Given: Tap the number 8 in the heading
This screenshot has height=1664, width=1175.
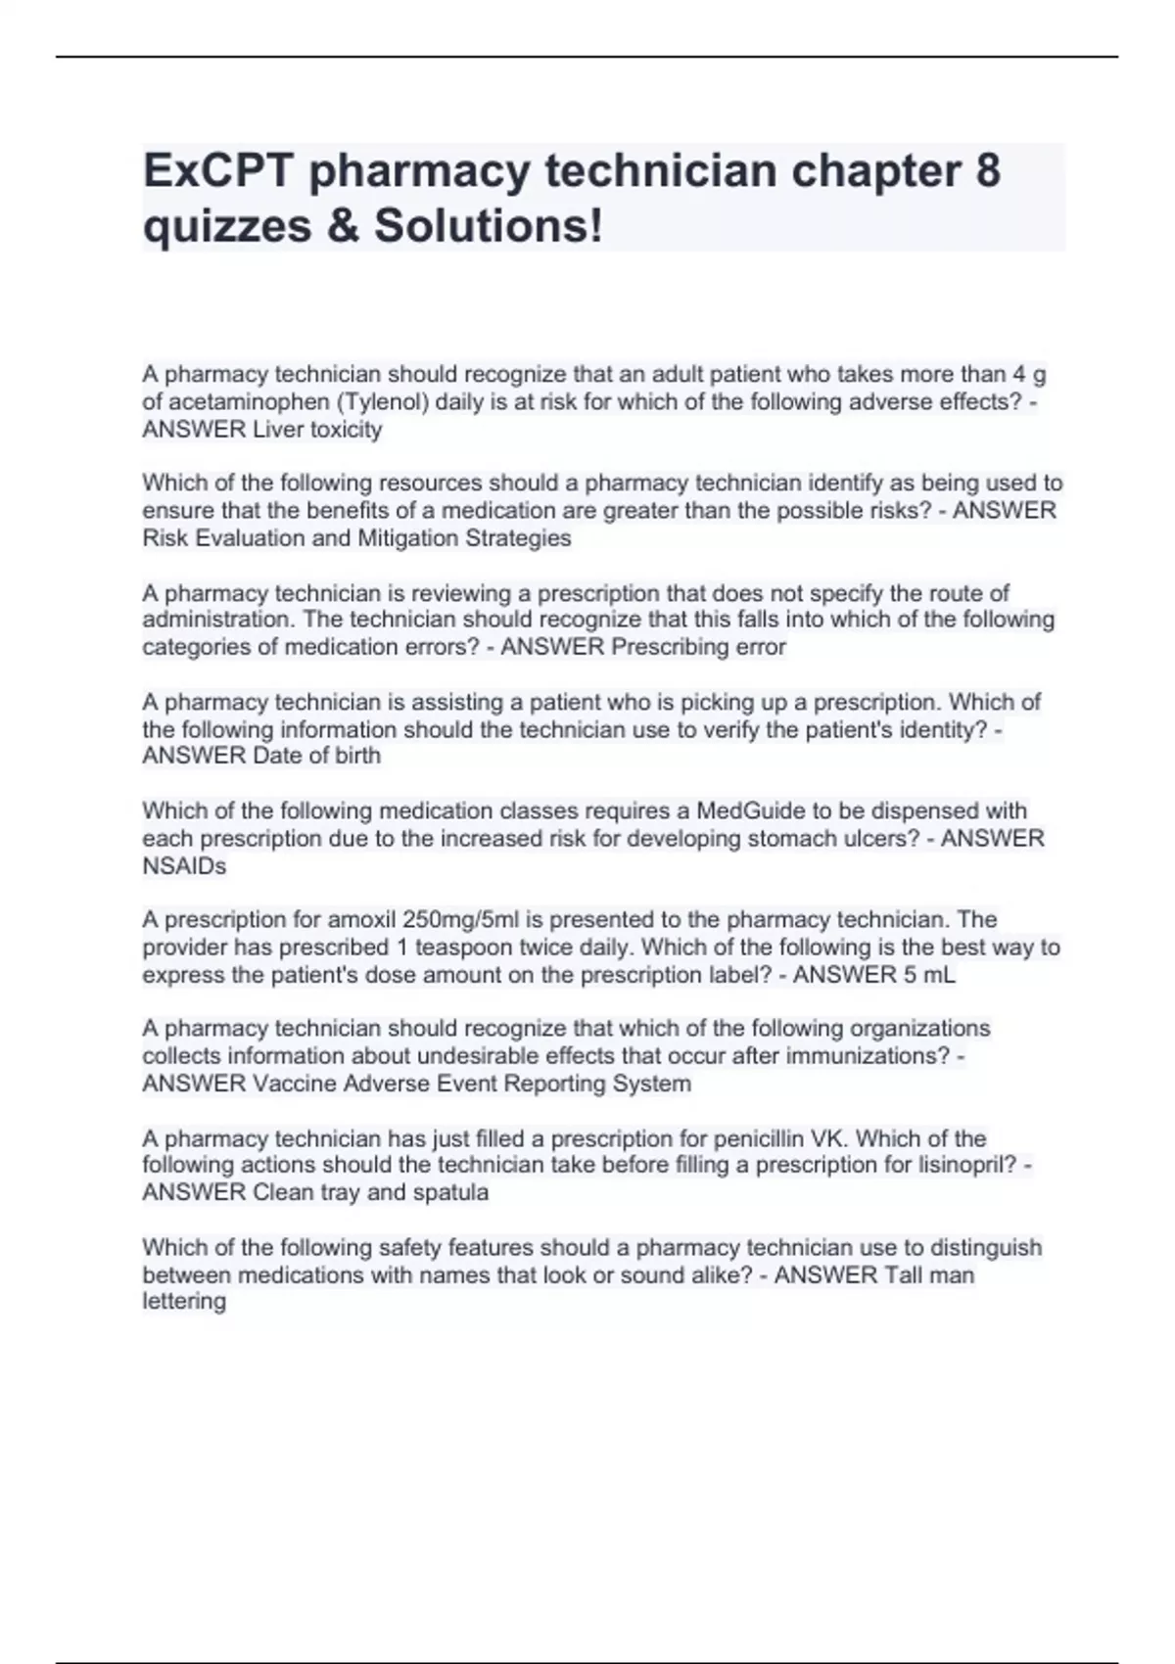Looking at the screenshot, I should click(x=988, y=170).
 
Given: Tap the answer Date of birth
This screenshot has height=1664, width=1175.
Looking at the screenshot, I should click(x=316, y=756).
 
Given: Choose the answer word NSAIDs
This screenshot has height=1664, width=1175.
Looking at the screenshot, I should click(x=184, y=866).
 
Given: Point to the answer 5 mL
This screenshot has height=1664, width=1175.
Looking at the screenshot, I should click(x=923, y=975).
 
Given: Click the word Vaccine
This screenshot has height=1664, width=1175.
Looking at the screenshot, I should click(x=292, y=1084).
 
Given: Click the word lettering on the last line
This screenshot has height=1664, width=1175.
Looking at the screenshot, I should click(x=184, y=1302).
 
